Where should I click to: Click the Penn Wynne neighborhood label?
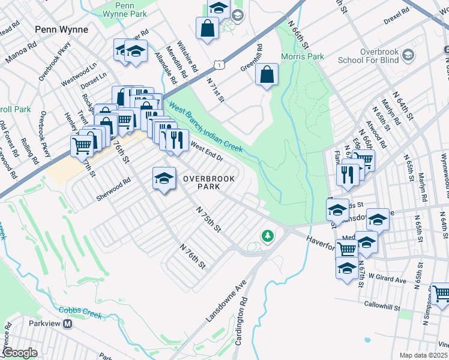tap(61, 29)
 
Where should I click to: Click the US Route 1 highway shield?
tap(221, 63)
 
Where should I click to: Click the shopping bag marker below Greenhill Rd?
tap(267, 75)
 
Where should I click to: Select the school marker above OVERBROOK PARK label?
tap(164, 178)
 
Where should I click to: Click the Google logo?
tap(20, 353)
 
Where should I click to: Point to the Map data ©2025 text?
tap(423, 355)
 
